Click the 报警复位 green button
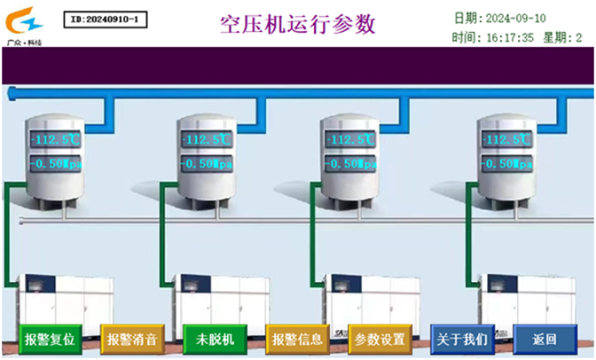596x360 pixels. [50, 340]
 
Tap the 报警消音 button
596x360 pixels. [131, 340]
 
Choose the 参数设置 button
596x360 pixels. [380, 340]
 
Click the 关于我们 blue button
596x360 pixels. [461, 340]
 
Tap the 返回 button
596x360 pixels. [545, 340]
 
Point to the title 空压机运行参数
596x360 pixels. [298, 23]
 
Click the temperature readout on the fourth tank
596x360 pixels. [506, 140]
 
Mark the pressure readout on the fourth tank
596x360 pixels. [506, 164]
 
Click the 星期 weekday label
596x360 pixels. [555, 37]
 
